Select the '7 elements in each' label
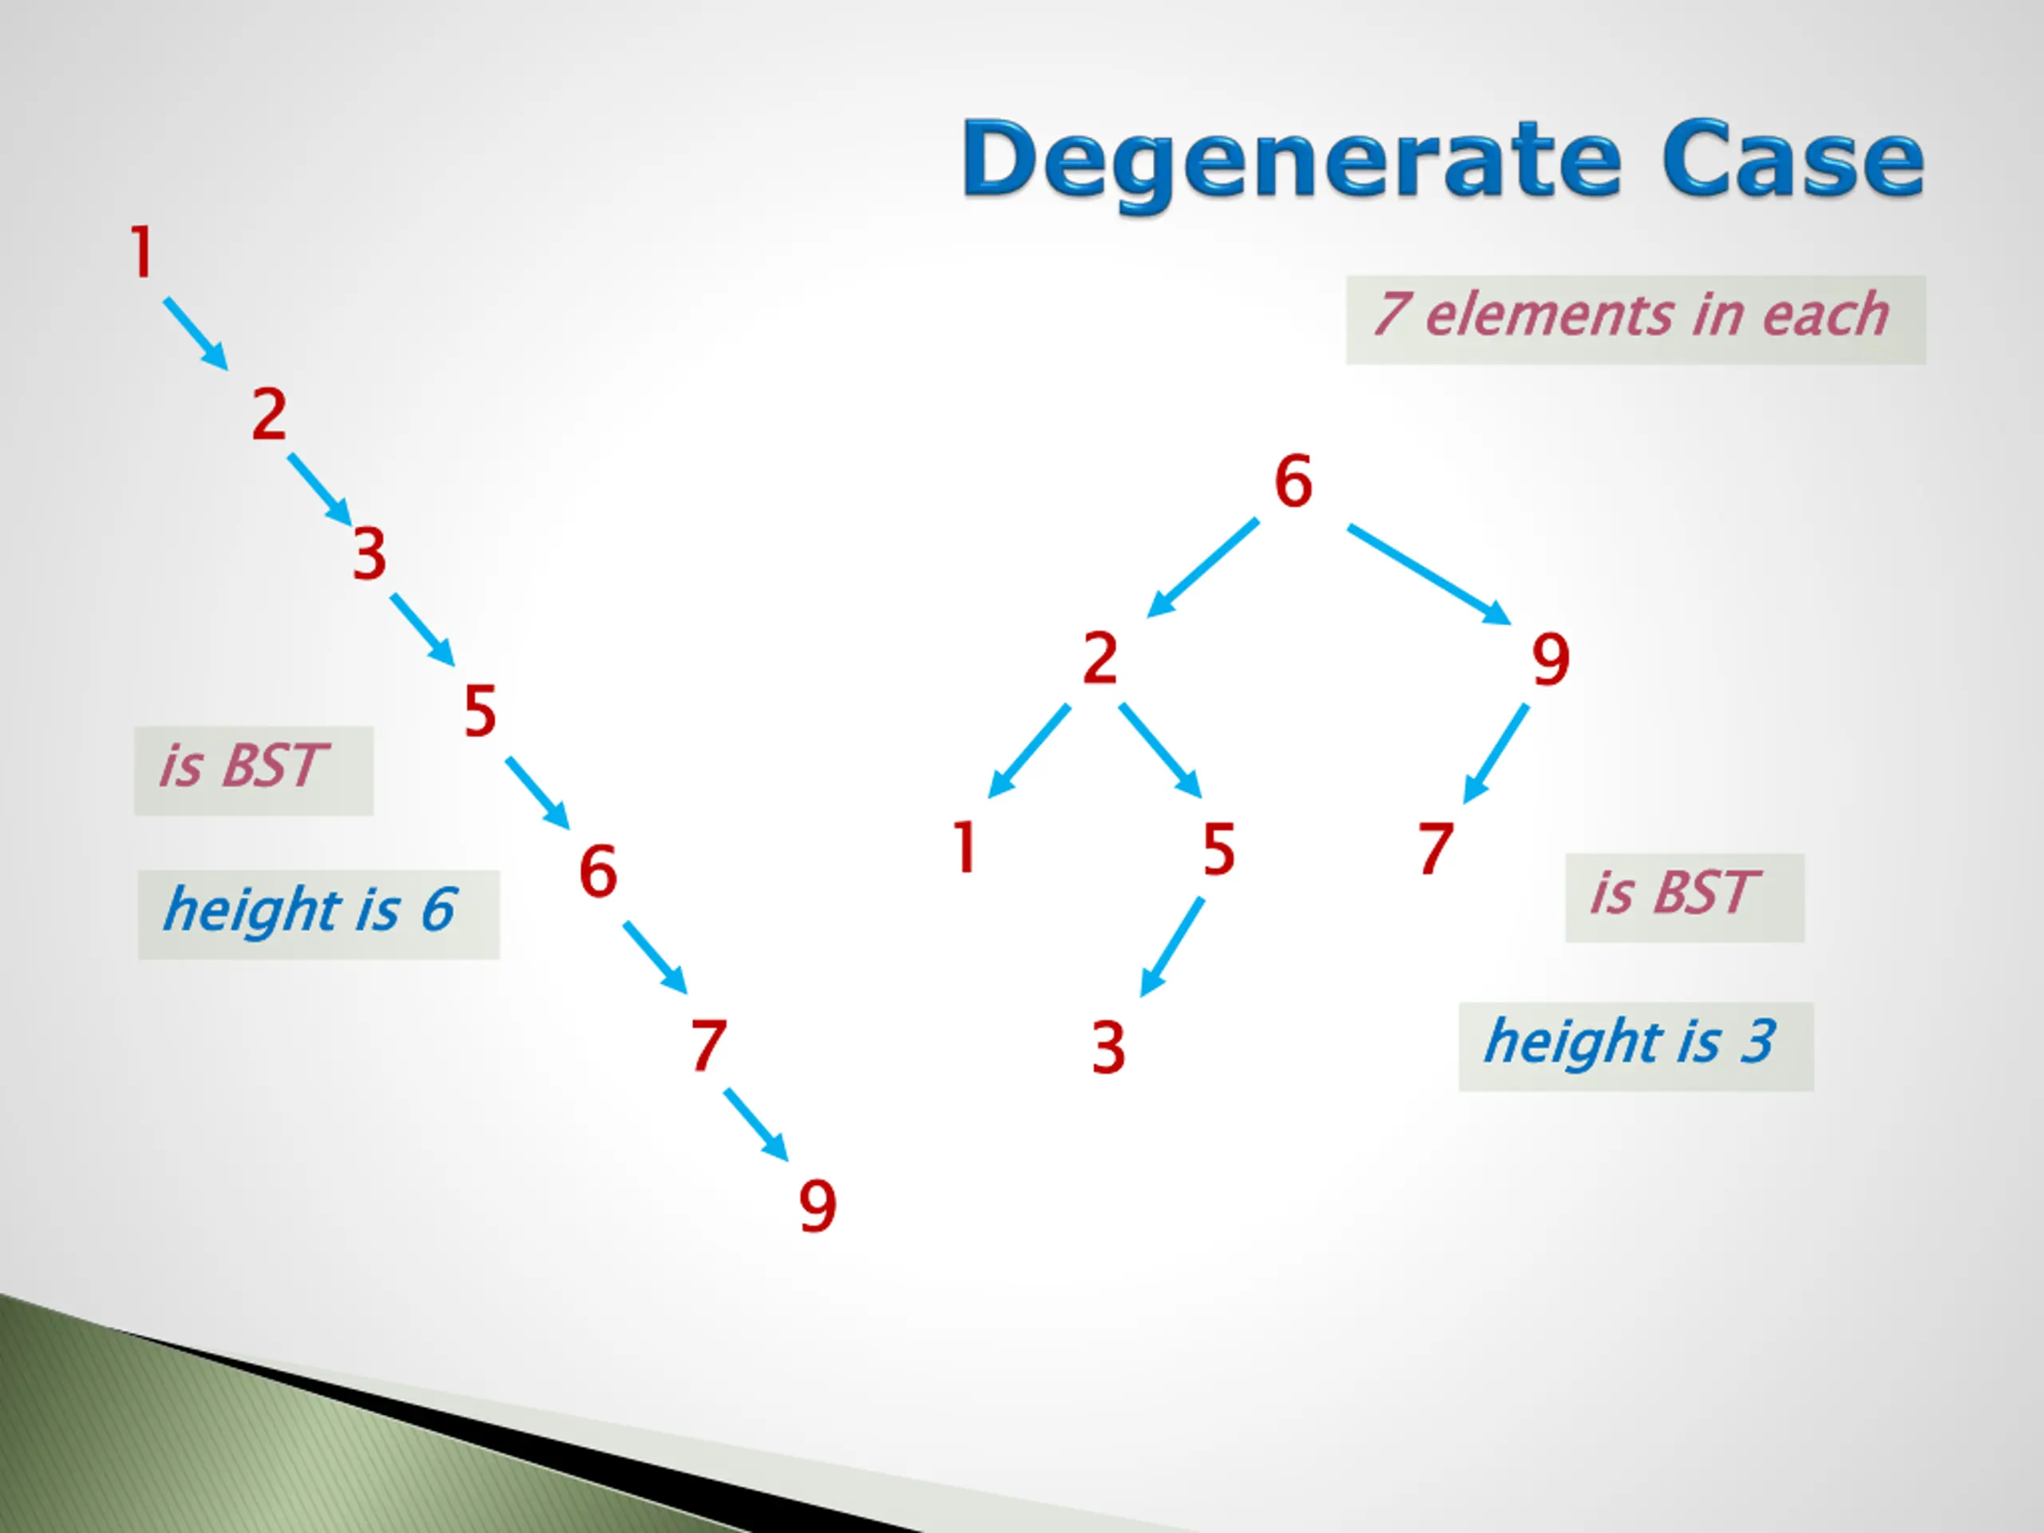point(1634,318)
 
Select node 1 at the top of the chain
point(141,252)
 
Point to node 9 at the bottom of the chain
point(818,1206)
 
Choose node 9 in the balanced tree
point(1551,660)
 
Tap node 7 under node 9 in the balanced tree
point(1436,848)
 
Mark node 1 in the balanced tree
point(965,847)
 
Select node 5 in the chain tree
point(481,711)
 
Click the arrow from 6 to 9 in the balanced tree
point(1428,574)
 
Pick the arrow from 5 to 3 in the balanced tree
point(1171,946)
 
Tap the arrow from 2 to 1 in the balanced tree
point(1028,751)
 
